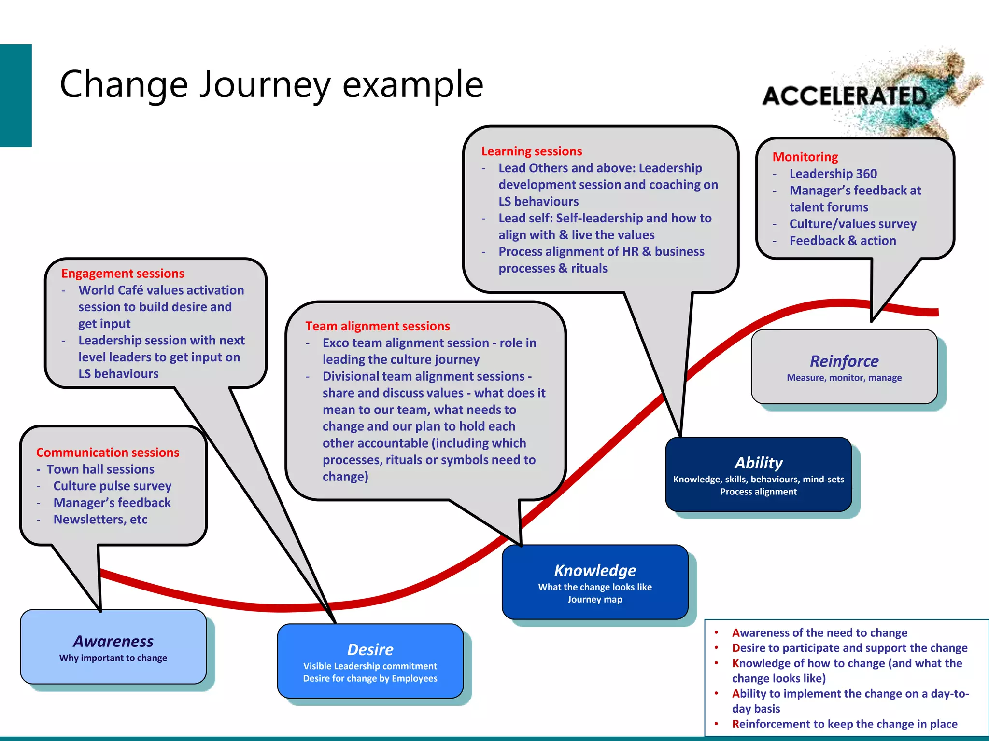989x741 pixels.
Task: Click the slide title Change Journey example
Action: tap(271, 84)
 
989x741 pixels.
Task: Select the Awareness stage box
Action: tap(113, 647)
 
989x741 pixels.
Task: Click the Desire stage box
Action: tap(370, 661)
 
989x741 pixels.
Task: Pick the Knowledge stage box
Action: tap(595, 582)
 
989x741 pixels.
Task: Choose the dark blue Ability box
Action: tap(758, 474)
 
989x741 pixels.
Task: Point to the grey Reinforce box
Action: tap(844, 367)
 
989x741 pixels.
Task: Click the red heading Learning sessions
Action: tap(532, 151)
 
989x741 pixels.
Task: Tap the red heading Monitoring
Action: tap(805, 157)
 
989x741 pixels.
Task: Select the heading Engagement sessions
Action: tap(123, 274)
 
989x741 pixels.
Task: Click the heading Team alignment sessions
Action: tap(377, 326)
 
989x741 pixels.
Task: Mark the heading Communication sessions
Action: tap(108, 453)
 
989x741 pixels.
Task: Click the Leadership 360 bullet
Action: tap(833, 174)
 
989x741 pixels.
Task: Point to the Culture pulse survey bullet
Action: tap(112, 486)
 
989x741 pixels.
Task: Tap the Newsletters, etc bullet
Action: tap(100, 520)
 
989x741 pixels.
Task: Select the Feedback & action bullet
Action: tap(843, 241)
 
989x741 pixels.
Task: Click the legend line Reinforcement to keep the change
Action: tap(844, 724)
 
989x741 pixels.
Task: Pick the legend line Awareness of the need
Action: tap(819, 633)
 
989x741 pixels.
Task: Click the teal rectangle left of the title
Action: tap(15, 96)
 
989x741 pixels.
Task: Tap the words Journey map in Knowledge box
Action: tap(594, 600)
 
